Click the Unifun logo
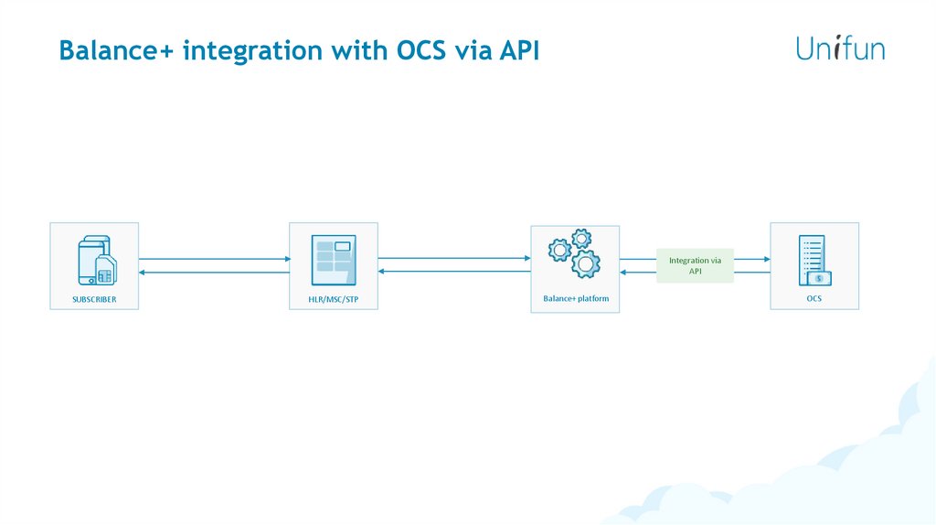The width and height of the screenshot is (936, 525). click(x=840, y=48)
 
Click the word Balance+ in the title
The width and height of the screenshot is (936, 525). click(x=116, y=50)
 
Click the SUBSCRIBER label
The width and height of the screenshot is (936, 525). click(x=94, y=299)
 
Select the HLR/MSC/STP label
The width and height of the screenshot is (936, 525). click(x=333, y=299)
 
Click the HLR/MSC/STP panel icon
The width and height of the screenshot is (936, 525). click(x=333, y=260)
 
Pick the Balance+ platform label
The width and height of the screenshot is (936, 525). click(x=575, y=299)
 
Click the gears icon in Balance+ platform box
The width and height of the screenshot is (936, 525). click(x=575, y=253)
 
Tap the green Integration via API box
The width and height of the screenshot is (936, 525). click(x=695, y=265)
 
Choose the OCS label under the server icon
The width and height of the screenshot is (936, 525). click(x=814, y=298)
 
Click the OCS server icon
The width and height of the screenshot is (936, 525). click(x=814, y=260)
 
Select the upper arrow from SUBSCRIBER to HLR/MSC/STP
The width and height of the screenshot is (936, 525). click(x=214, y=259)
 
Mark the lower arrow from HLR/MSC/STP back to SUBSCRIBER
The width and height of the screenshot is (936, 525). click(x=214, y=272)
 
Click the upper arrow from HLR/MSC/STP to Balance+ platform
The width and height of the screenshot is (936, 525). click(x=453, y=259)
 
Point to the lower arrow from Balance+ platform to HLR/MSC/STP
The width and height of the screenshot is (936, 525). click(x=453, y=272)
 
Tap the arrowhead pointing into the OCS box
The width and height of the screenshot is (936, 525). click(x=765, y=259)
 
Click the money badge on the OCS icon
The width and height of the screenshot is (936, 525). click(x=819, y=278)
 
